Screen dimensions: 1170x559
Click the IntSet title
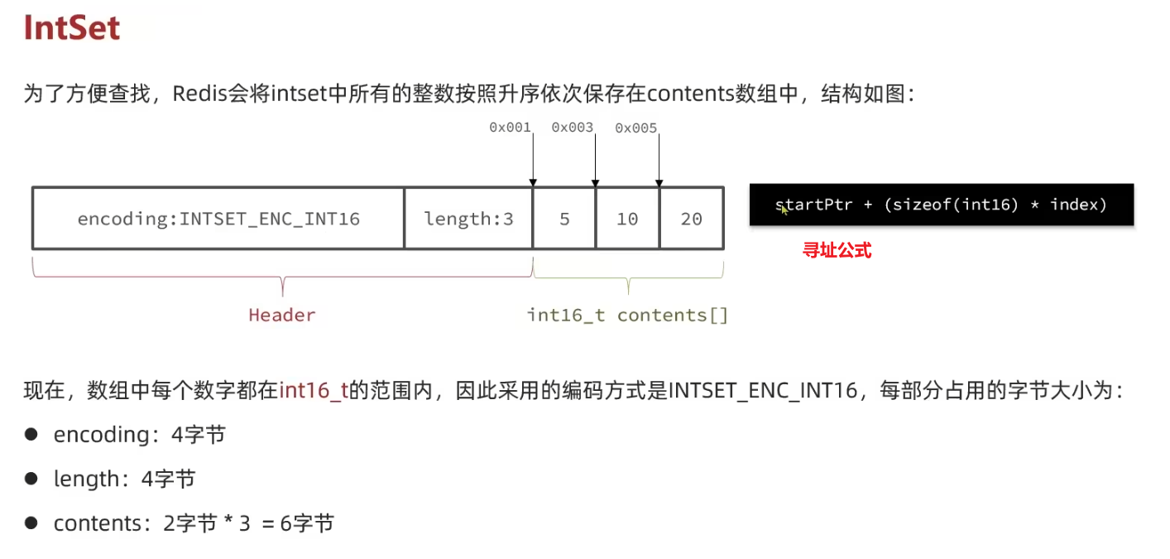tap(72, 28)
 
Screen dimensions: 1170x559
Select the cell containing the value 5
tap(564, 219)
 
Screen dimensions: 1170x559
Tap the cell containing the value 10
tap(627, 219)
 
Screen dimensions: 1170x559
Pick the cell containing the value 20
tap(692, 219)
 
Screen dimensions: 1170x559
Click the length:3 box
tap(468, 219)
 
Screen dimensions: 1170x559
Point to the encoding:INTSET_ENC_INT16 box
tap(218, 219)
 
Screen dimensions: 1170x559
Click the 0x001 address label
tap(510, 128)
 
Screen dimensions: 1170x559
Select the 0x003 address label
tap(573, 128)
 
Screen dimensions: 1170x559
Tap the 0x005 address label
tap(635, 128)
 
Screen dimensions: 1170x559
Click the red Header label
tap(282, 316)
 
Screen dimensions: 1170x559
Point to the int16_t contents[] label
tap(627, 316)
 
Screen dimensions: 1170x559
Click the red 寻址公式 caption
tap(837, 250)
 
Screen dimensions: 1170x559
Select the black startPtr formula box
tap(941, 205)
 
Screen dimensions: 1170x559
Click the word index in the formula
tap(1078, 205)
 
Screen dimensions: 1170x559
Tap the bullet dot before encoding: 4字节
tap(31, 434)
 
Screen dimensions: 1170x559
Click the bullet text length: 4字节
tap(124, 479)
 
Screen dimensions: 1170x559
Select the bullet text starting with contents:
tap(194, 523)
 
